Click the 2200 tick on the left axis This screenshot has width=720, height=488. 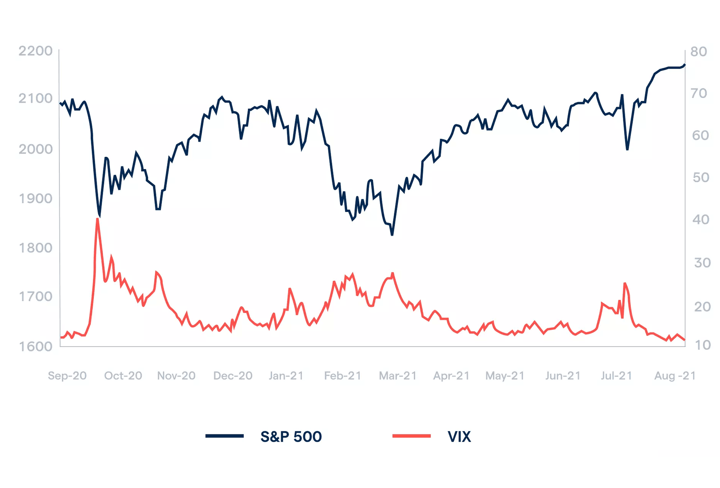click(36, 51)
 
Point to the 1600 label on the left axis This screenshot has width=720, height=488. click(36, 346)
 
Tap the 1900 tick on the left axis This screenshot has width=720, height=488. click(36, 198)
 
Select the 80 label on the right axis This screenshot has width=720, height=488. click(699, 51)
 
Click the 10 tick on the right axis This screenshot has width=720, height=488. click(703, 345)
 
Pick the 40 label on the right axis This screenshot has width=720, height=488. click(701, 219)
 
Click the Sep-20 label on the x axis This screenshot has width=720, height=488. click(67, 375)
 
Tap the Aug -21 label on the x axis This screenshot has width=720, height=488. click(675, 375)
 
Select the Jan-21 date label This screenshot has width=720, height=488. click(286, 375)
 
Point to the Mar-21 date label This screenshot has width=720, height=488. click(398, 375)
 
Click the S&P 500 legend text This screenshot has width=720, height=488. click(291, 437)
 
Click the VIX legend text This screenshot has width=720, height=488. click(459, 437)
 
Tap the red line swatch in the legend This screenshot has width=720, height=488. click(411, 436)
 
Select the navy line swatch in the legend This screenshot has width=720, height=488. click(225, 436)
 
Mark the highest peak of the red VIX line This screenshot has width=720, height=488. click(97, 219)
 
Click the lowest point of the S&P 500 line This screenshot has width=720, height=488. click(392, 234)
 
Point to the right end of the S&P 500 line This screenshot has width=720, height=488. click(685, 65)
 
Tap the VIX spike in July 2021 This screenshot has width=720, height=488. click(625, 284)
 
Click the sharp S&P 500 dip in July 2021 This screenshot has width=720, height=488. click(627, 149)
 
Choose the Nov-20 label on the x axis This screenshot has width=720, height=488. click(176, 375)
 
